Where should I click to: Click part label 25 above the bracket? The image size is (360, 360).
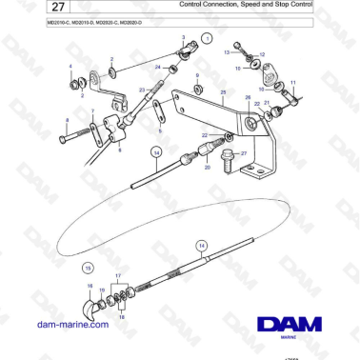(x=223, y=91)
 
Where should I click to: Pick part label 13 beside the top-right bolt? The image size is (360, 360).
(x=227, y=53)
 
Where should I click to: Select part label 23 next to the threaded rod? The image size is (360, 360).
(x=140, y=90)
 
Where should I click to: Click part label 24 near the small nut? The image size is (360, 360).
(x=157, y=68)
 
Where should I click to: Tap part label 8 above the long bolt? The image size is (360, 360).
(x=67, y=120)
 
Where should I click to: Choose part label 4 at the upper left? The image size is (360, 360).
(x=69, y=65)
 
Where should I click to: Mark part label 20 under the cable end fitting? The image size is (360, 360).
(x=208, y=167)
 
